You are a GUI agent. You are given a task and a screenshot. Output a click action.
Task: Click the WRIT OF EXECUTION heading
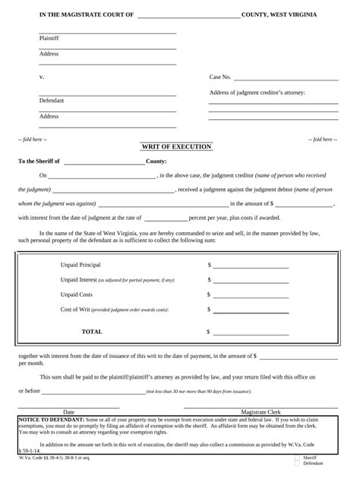click(187, 146)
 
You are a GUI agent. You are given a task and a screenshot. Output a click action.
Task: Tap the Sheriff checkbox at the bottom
click(297, 458)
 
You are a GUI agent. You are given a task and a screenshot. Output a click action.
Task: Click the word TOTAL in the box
click(92, 332)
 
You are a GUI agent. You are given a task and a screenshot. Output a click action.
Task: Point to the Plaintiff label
click(49, 38)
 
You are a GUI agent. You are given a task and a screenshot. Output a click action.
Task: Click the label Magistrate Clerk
click(261, 411)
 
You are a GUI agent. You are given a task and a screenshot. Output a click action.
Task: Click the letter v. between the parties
click(42, 77)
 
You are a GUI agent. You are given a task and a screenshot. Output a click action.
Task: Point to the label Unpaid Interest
click(78, 280)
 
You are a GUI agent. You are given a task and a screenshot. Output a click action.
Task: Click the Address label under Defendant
click(49, 116)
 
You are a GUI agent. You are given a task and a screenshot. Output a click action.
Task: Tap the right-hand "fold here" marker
click(319, 140)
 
